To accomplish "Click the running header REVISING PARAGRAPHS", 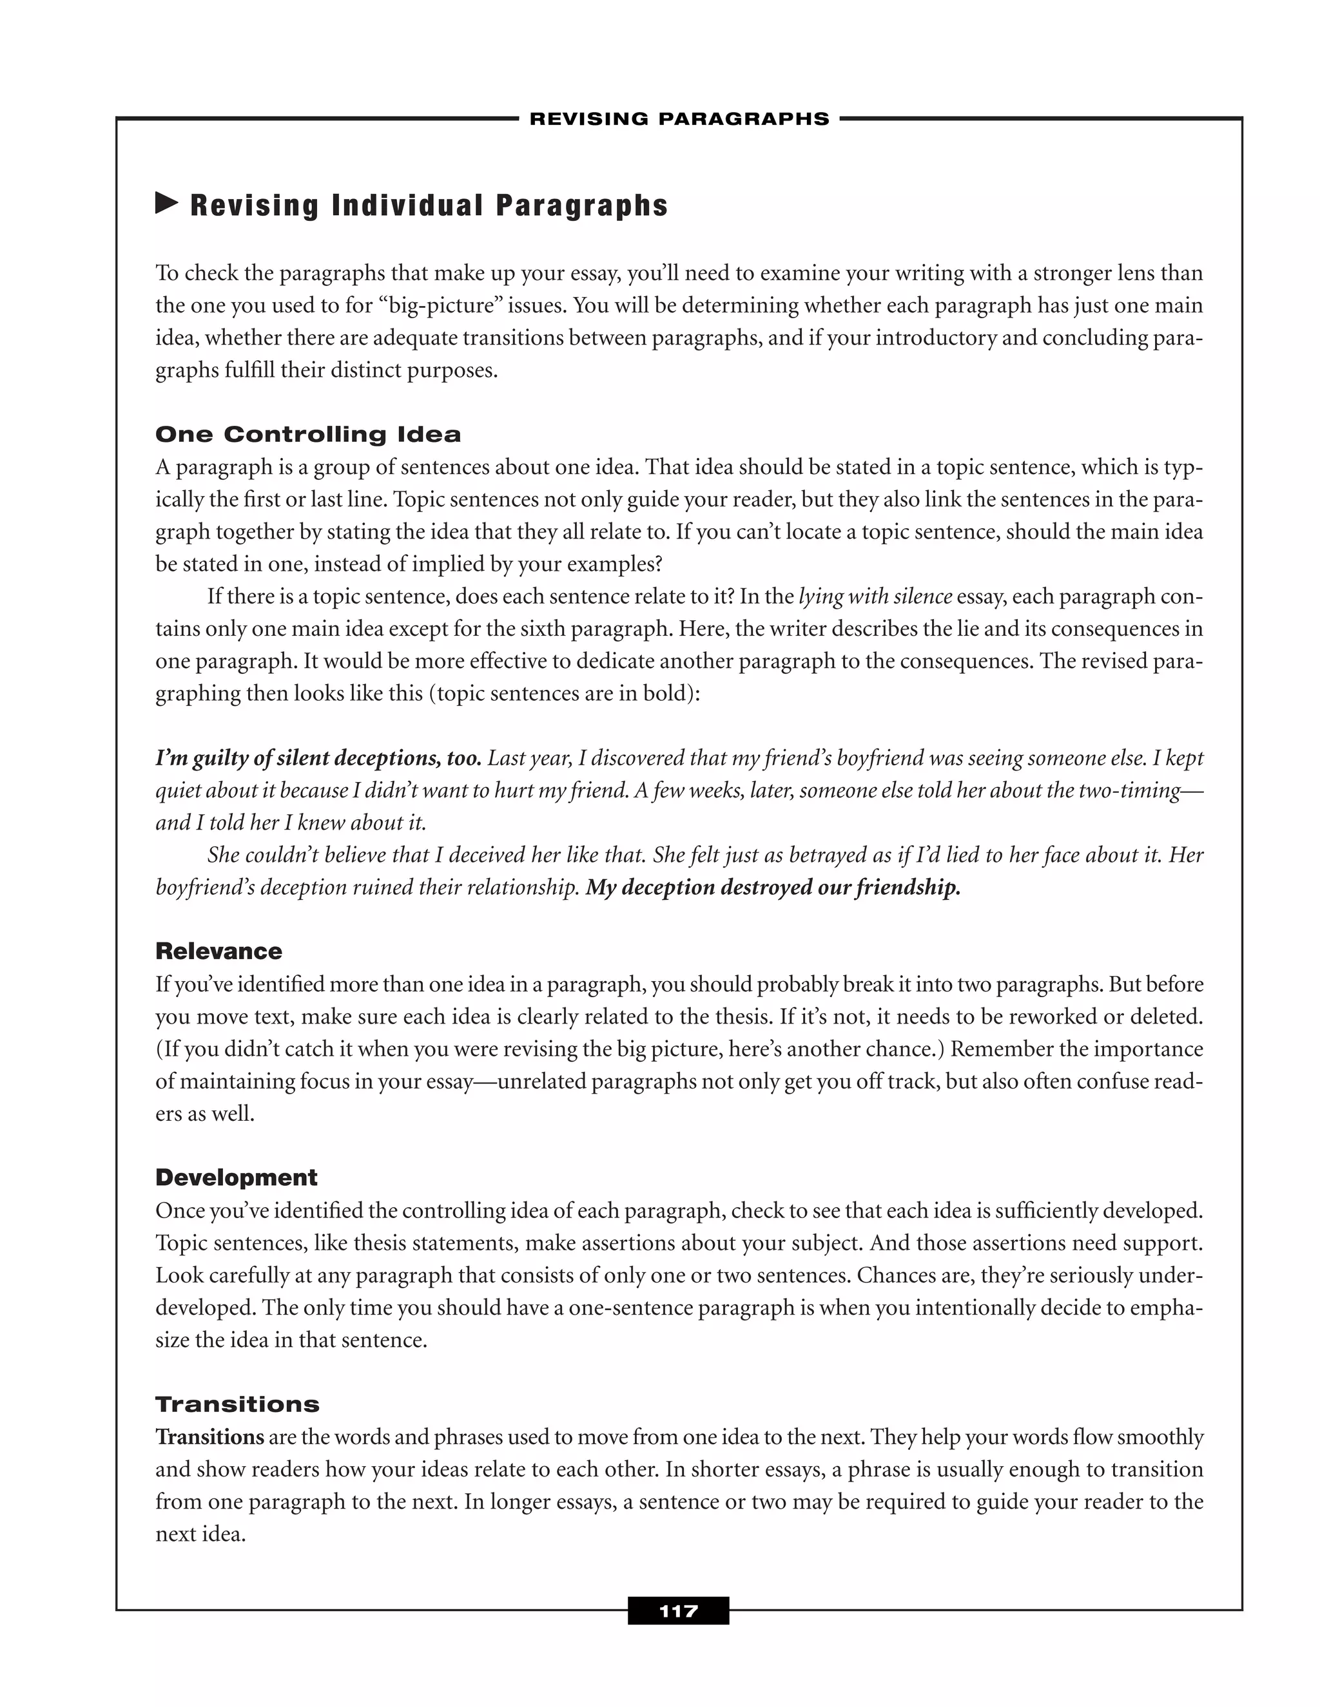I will pyautogui.click(x=679, y=119).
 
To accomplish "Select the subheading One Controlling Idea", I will pyautogui.click(x=308, y=435).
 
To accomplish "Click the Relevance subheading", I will pyautogui.click(x=219, y=951).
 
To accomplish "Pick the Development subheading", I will pyautogui.click(x=236, y=1177).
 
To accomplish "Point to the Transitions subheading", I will pyautogui.click(x=237, y=1404).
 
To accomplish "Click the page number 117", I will pyautogui.click(x=678, y=1610).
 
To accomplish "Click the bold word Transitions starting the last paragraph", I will pyautogui.click(x=209, y=1436).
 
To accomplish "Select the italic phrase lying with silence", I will pyautogui.click(x=875, y=596).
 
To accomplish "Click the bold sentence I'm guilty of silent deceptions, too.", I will pyautogui.click(x=318, y=758).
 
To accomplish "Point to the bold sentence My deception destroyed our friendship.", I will pyautogui.click(x=773, y=888).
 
